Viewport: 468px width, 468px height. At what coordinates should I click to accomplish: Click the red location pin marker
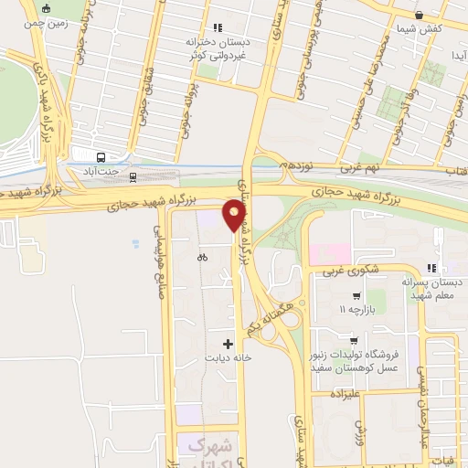coord(234,216)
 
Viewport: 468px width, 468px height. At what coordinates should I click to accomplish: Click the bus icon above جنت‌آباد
coord(100,154)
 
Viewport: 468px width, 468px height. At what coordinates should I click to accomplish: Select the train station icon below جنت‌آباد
coord(133,176)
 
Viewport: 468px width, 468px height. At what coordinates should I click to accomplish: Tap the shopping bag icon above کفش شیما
coord(420,15)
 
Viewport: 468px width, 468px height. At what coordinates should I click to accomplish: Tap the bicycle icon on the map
coord(202,257)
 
